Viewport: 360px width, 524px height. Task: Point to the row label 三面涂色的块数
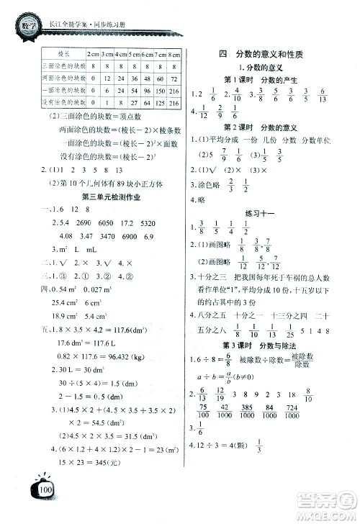62,66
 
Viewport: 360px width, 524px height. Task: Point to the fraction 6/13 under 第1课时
320,94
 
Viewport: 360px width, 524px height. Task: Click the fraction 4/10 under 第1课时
232,94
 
